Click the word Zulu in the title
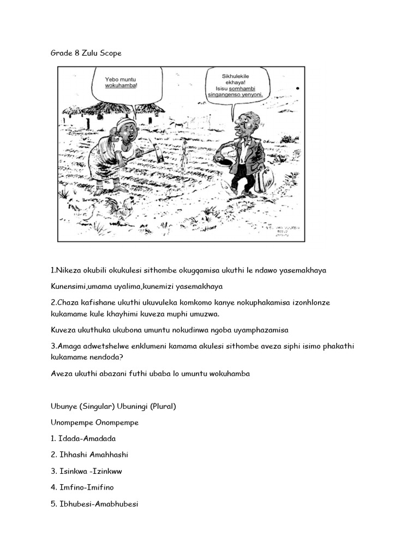pos(88,53)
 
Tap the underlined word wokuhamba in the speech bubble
pos(121,86)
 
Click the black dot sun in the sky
pos(297,88)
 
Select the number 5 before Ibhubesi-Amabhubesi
pos(53,504)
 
